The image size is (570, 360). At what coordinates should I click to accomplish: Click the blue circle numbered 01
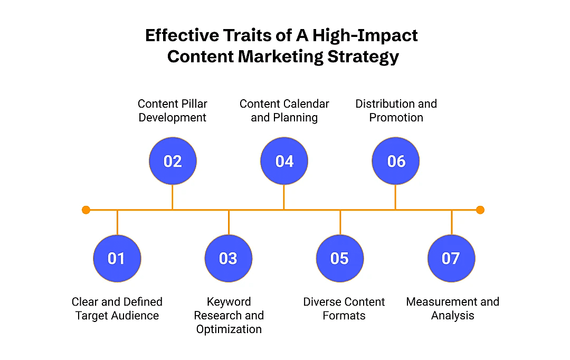tap(117, 258)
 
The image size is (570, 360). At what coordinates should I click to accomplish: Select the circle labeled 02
tap(173, 161)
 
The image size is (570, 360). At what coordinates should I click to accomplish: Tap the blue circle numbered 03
tap(229, 258)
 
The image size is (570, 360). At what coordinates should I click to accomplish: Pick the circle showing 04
tap(284, 161)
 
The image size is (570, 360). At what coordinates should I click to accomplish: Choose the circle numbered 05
tap(340, 258)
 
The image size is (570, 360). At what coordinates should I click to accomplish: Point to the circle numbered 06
tap(396, 161)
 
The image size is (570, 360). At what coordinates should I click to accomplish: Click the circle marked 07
tap(451, 258)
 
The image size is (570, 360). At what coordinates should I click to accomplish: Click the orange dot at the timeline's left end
tap(86, 210)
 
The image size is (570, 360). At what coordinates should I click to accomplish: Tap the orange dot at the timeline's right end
tap(480, 210)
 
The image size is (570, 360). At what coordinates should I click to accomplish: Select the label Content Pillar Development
tap(173, 110)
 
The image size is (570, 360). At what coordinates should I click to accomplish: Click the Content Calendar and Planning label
tap(284, 110)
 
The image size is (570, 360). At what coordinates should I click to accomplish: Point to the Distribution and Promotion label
tap(396, 110)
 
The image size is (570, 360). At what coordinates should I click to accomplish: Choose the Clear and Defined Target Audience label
tap(117, 309)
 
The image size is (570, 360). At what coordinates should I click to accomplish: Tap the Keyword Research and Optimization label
tap(229, 315)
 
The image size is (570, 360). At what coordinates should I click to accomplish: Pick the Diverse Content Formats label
tap(344, 309)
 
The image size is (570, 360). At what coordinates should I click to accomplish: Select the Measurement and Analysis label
tap(452, 309)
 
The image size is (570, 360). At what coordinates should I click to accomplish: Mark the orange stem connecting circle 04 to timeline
tap(284, 197)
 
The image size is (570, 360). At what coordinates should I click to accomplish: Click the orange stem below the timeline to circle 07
tap(451, 222)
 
